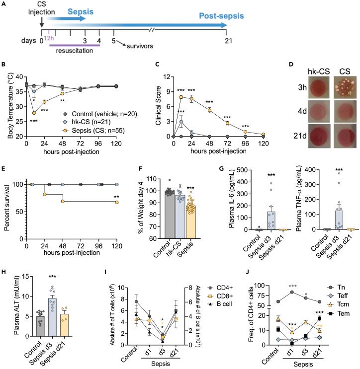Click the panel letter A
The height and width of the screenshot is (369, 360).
click(4, 4)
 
